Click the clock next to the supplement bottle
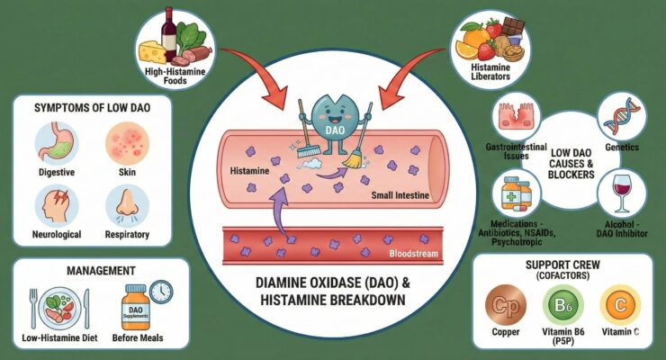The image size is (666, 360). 161,292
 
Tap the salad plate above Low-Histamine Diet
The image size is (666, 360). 56,306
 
